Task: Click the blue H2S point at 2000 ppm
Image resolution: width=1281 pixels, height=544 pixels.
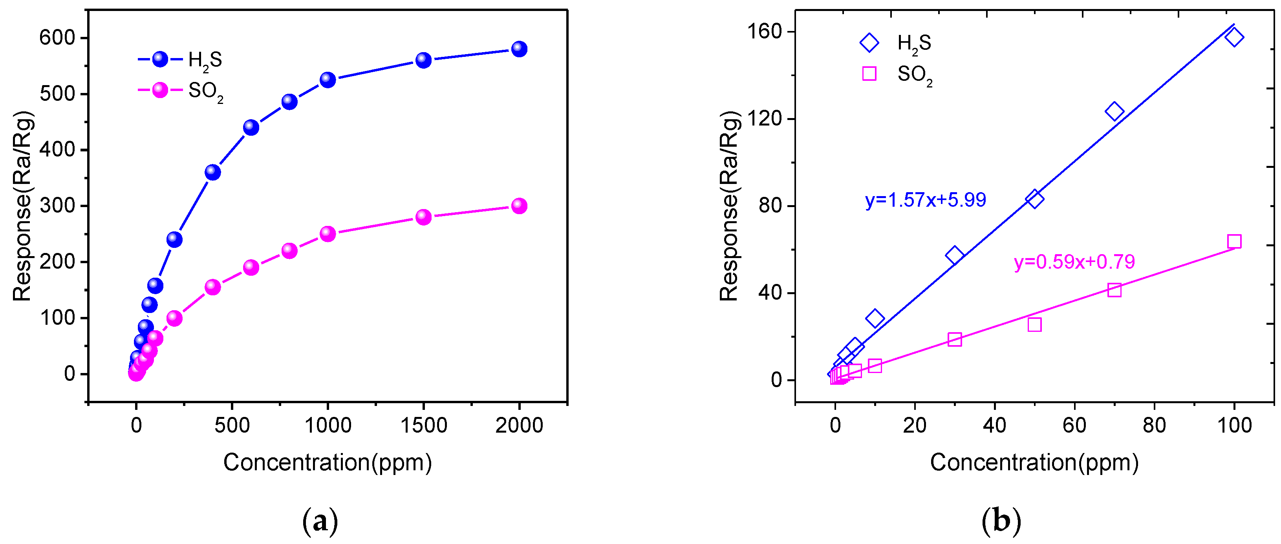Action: [519, 49]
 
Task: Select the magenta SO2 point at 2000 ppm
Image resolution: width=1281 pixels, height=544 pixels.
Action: [519, 206]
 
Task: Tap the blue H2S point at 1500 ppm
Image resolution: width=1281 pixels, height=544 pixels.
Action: [423, 60]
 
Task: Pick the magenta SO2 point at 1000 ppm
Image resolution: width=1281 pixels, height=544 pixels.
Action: [327, 233]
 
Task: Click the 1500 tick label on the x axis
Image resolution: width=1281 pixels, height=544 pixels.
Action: [423, 426]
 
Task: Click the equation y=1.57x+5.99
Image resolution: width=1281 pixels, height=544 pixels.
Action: [925, 200]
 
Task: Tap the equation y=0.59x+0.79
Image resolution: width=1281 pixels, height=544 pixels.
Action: [1074, 262]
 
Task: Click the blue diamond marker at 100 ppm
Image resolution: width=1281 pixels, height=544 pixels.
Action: [1234, 37]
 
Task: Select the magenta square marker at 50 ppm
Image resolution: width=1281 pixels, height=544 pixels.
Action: [1034, 324]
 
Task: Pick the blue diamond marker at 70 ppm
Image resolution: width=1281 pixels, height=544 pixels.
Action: [1114, 111]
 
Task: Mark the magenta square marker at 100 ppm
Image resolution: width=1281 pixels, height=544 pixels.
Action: [1234, 242]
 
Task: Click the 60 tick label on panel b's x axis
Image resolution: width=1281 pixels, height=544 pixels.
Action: [1074, 426]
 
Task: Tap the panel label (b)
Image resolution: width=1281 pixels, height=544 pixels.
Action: [1001, 521]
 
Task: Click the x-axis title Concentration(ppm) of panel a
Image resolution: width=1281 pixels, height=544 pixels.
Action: [327, 462]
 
